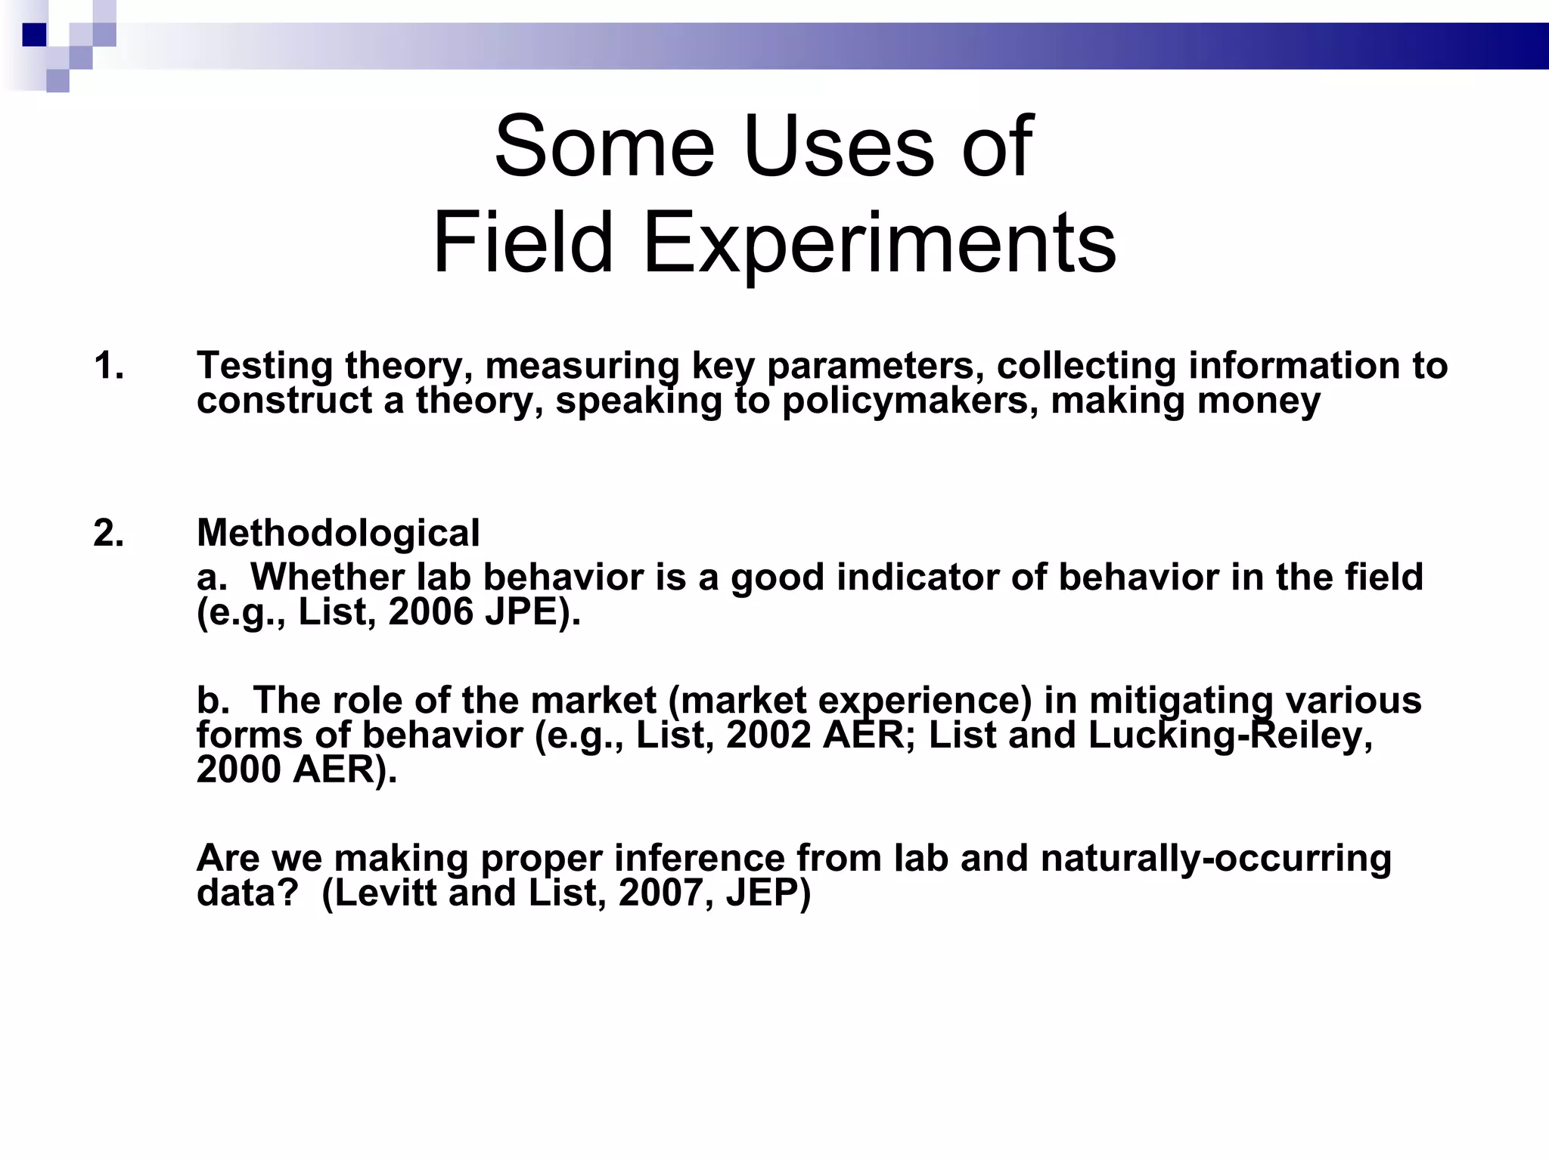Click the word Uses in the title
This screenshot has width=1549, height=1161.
[x=840, y=147]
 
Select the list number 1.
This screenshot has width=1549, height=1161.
[x=109, y=367]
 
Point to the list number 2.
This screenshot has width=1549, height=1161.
[x=109, y=534]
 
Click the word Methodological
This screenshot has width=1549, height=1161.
[x=338, y=534]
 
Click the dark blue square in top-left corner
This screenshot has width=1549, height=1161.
[x=35, y=35]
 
